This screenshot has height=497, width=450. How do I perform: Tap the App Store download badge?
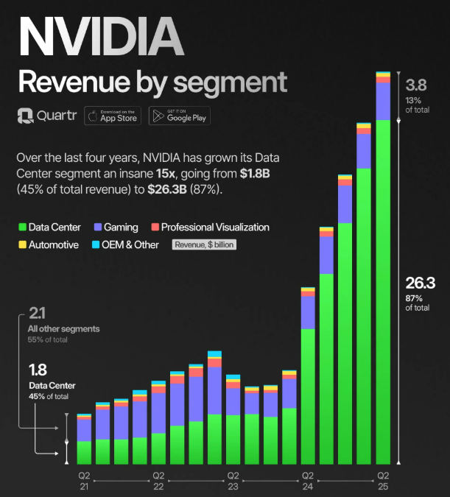click(113, 116)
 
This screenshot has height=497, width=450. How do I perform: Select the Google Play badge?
click(179, 116)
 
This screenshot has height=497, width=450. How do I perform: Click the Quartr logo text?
click(46, 116)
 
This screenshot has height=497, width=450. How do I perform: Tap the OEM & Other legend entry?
click(125, 244)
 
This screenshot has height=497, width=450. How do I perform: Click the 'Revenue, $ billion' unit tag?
click(205, 244)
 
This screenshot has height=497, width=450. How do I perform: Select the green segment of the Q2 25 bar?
click(383, 295)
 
